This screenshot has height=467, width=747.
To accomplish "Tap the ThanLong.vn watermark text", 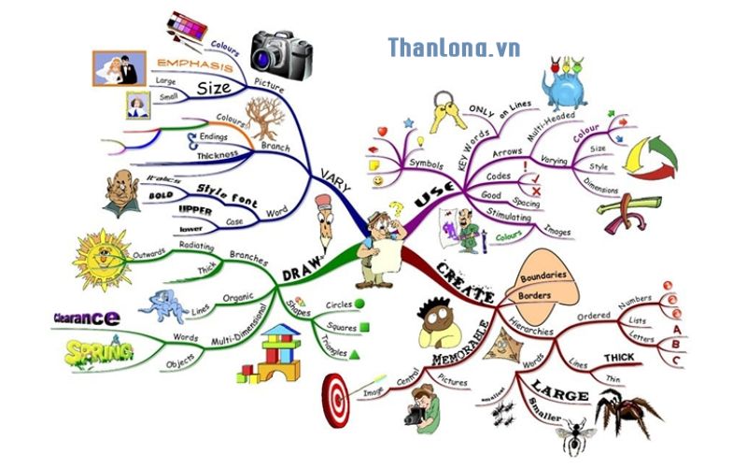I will point(454,48).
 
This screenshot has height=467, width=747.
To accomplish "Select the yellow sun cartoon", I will point(101,258).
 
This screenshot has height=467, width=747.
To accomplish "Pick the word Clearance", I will point(85,318).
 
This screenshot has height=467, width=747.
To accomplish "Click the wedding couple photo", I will point(119,68).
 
